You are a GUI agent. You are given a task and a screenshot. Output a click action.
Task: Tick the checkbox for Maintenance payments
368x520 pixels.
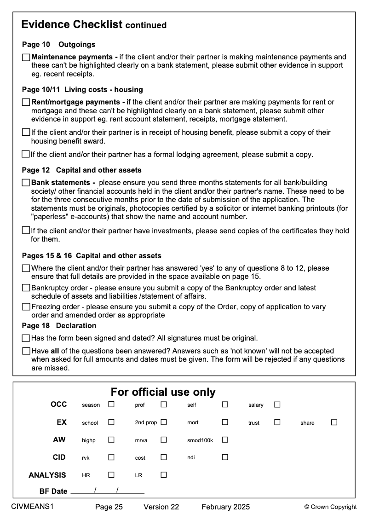(26, 58)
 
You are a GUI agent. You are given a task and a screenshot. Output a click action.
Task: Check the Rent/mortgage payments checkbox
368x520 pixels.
(26, 102)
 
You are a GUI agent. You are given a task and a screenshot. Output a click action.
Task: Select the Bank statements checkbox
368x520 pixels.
(26, 183)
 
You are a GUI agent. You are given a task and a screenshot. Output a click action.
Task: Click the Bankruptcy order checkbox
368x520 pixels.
(26, 288)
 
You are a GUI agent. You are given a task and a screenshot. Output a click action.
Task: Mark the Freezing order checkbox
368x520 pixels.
(26, 307)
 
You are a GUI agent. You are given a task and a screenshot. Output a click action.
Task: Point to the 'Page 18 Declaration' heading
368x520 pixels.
(59, 326)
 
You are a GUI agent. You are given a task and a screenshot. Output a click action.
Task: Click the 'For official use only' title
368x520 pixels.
(163, 392)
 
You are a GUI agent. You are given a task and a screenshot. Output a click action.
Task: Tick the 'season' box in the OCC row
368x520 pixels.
(111, 405)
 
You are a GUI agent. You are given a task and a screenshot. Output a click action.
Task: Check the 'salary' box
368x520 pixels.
(277, 405)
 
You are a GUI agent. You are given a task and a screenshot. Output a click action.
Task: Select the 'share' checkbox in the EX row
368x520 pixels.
(334, 422)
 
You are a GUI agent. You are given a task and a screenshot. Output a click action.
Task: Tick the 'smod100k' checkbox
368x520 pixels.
(225, 440)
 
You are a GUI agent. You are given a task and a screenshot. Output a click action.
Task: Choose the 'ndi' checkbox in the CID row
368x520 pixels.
(225, 457)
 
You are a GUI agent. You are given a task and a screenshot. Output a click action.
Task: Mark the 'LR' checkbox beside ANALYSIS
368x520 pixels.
(163, 475)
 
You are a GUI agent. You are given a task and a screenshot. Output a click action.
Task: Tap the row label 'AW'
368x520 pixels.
(59, 440)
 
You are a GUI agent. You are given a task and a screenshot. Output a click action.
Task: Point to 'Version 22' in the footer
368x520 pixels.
(161, 507)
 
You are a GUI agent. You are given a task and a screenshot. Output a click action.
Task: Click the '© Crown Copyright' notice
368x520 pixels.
(330, 507)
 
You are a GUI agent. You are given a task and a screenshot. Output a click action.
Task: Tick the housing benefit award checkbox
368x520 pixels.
(26, 133)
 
